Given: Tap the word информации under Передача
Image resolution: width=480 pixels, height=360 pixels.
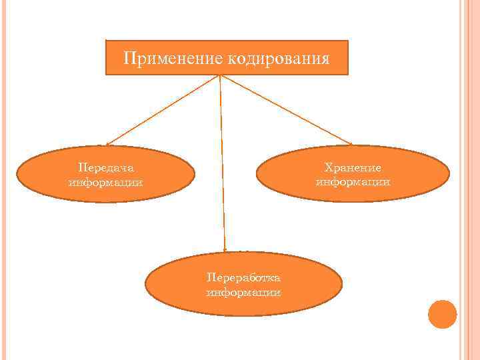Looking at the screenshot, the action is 105,182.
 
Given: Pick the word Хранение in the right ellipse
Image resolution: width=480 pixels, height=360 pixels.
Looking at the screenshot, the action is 353,167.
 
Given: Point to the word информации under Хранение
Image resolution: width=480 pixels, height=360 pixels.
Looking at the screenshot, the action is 353,181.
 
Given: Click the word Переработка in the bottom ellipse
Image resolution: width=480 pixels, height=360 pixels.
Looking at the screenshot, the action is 243,278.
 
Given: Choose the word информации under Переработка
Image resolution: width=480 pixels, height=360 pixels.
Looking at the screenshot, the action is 243,292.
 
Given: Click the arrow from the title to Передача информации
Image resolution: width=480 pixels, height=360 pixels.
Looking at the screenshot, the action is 163,109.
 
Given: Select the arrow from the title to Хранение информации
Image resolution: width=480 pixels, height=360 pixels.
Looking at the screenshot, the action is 287,109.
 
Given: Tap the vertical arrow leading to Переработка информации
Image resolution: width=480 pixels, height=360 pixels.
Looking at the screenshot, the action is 221,160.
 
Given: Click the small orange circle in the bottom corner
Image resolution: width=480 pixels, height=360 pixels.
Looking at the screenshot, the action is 442,314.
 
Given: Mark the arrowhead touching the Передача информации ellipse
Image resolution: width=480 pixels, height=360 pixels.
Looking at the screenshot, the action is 109,143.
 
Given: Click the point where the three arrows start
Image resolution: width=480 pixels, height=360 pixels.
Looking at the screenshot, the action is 219,75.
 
